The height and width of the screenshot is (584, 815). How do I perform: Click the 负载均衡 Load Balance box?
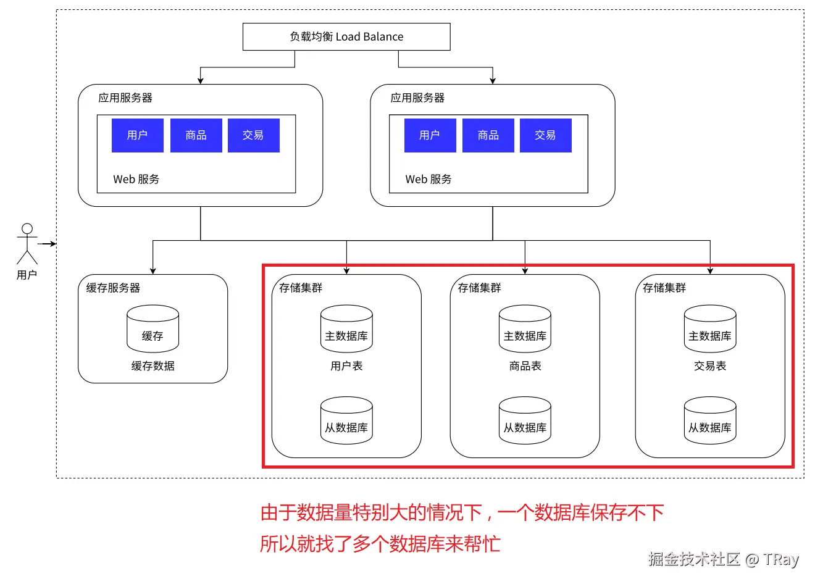pos(346,37)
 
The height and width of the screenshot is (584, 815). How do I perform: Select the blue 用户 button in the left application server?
pos(137,135)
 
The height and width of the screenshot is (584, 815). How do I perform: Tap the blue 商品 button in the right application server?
pos(488,135)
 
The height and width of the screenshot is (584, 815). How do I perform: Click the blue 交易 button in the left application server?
pos(253,135)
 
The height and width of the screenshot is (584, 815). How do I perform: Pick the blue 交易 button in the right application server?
pos(545,135)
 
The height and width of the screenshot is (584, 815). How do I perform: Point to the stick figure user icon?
pos(27,243)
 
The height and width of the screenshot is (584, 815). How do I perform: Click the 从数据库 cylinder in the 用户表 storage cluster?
pos(346,421)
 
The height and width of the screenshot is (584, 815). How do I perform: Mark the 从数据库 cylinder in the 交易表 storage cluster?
pos(710,421)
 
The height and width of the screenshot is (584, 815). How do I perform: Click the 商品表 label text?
pos(525,366)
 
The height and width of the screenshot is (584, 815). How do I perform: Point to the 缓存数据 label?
pos(153,366)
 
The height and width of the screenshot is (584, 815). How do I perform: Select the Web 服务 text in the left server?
pos(136,179)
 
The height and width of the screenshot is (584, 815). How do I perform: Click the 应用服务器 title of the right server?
pos(417,98)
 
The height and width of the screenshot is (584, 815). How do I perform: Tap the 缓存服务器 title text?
pos(113,288)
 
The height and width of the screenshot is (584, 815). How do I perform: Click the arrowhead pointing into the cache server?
pos(153,270)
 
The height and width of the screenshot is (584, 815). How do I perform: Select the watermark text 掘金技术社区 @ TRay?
pos(723,559)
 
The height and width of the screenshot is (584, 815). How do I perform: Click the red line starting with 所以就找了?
pos(380,544)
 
